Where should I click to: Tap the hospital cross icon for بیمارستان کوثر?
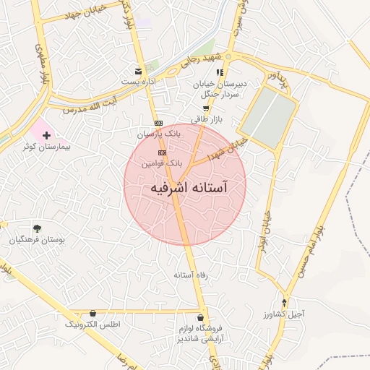[x=47, y=135]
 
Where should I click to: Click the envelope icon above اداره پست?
[x=137, y=71]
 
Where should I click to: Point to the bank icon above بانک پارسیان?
[x=159, y=123]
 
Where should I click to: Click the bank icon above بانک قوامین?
[x=162, y=153]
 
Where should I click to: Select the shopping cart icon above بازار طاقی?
[x=206, y=108]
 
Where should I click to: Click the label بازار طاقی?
[x=205, y=119]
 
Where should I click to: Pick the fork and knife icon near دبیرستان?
[x=220, y=72]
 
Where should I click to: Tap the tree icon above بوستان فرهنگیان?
[x=37, y=228]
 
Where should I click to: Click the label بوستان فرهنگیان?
[x=37, y=239]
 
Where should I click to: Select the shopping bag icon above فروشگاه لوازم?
[x=200, y=317]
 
